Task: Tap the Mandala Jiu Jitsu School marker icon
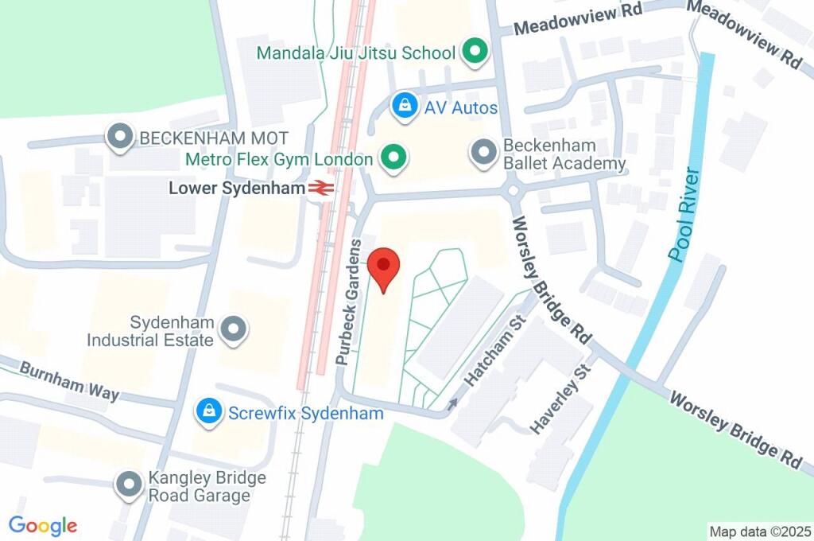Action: pyautogui.click(x=475, y=53)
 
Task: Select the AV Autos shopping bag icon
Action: pyautogui.click(x=405, y=106)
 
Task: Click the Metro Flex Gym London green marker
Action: pyautogui.click(x=391, y=158)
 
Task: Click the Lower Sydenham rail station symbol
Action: pyautogui.click(x=321, y=189)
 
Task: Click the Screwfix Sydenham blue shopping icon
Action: pyautogui.click(x=209, y=412)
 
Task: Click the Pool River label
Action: pyautogui.click(x=685, y=215)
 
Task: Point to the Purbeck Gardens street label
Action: pyautogui.click(x=349, y=302)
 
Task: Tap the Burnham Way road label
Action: pyautogui.click(x=69, y=381)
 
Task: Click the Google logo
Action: pyautogui.click(x=43, y=525)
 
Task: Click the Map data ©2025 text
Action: pyautogui.click(x=760, y=531)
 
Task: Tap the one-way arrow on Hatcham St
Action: pyautogui.click(x=453, y=404)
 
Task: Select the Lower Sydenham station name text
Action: pyautogui.click(x=237, y=189)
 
